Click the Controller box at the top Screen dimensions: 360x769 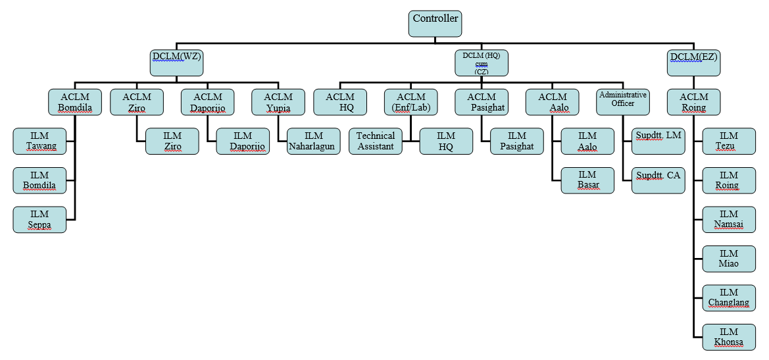point(435,24)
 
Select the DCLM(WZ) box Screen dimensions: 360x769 point(176,63)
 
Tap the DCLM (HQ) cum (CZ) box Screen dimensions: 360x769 point(482,63)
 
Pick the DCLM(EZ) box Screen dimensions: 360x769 point(693,63)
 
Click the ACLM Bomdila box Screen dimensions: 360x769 point(75,102)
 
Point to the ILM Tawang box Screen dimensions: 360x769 point(39,141)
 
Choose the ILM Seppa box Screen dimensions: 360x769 point(39,219)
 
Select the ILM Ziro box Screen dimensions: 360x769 point(172,141)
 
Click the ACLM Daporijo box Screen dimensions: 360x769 point(207,102)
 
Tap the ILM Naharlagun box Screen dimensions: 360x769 point(314,141)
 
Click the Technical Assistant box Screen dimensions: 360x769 point(375,141)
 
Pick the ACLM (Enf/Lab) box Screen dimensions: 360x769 point(410,102)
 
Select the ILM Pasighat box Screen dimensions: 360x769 point(516,141)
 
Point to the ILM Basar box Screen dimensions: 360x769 point(587,180)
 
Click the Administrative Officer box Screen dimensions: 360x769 point(622,101)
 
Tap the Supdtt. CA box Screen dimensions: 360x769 point(658,180)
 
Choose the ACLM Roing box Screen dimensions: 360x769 point(693,102)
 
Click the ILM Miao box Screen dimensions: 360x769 point(729,258)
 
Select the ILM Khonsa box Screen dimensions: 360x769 point(729,336)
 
